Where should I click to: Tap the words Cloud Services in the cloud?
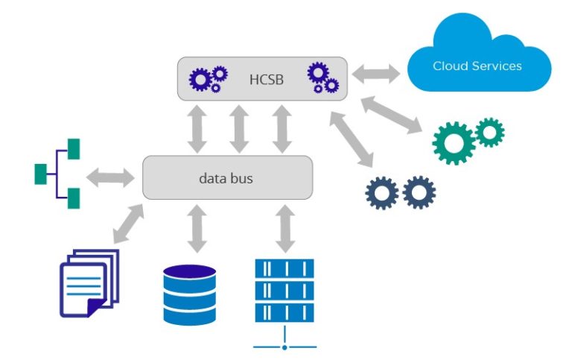pos(477,66)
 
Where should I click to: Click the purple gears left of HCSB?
pos(208,78)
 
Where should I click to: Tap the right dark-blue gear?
pos(419,192)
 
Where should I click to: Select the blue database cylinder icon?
pos(189,294)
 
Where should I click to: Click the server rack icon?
pos(284,291)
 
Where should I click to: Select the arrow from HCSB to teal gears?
pos(394,112)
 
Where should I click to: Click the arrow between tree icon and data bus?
pos(109,177)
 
